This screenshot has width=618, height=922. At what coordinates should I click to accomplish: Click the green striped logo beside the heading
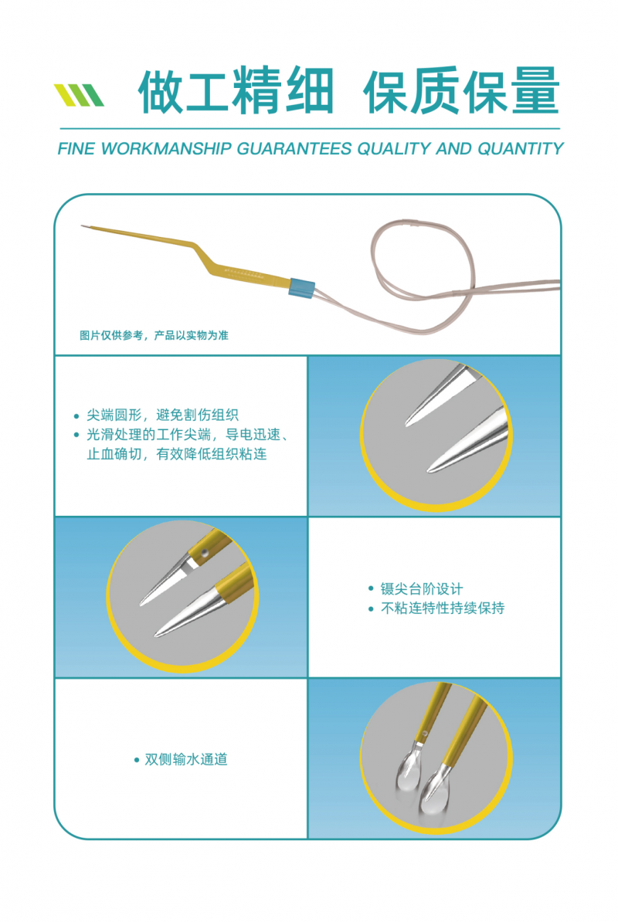[79, 95]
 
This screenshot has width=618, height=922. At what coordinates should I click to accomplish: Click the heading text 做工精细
[236, 92]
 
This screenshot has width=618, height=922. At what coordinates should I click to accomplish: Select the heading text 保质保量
[460, 92]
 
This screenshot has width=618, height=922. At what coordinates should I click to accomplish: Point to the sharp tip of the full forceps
[82, 226]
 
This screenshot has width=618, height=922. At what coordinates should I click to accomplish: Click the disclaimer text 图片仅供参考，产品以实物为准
[154, 335]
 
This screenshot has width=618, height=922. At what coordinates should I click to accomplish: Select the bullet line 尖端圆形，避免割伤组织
[167, 415]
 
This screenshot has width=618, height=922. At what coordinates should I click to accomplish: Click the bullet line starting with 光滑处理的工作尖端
[185, 435]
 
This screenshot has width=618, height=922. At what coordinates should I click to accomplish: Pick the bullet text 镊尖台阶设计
[422, 588]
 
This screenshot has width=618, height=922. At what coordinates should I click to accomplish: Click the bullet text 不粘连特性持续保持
[443, 608]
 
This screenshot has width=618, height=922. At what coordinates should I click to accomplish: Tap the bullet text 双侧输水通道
[186, 759]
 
